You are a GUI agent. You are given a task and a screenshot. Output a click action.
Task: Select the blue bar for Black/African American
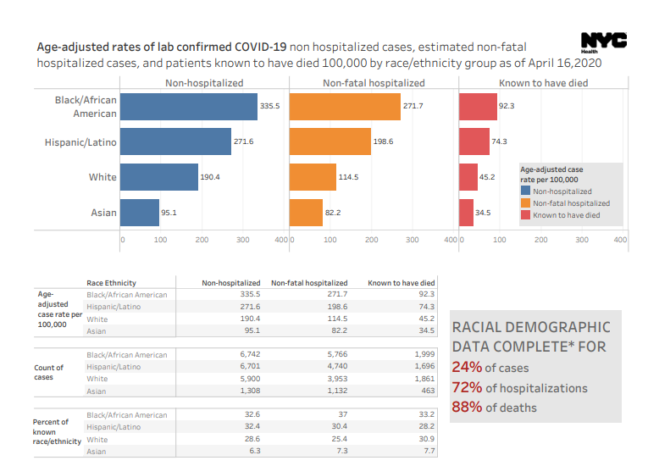(188, 107)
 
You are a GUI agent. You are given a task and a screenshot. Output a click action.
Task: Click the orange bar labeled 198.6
(330, 141)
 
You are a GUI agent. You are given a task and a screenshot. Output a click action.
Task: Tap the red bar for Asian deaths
(466, 213)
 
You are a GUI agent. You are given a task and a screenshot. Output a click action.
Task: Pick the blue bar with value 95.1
(139, 213)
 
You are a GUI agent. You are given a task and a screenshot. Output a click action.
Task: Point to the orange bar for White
(313, 177)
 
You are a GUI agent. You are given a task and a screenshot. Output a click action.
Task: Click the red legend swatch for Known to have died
(525, 215)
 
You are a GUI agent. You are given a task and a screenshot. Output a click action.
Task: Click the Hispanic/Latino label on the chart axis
(80, 142)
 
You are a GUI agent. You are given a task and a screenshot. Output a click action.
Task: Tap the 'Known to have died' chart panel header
(543, 83)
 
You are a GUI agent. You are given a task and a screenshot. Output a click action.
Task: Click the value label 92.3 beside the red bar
(507, 107)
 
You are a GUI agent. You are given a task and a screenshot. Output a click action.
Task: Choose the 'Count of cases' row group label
(48, 373)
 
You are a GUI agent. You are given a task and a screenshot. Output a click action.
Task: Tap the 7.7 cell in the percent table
(428, 452)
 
